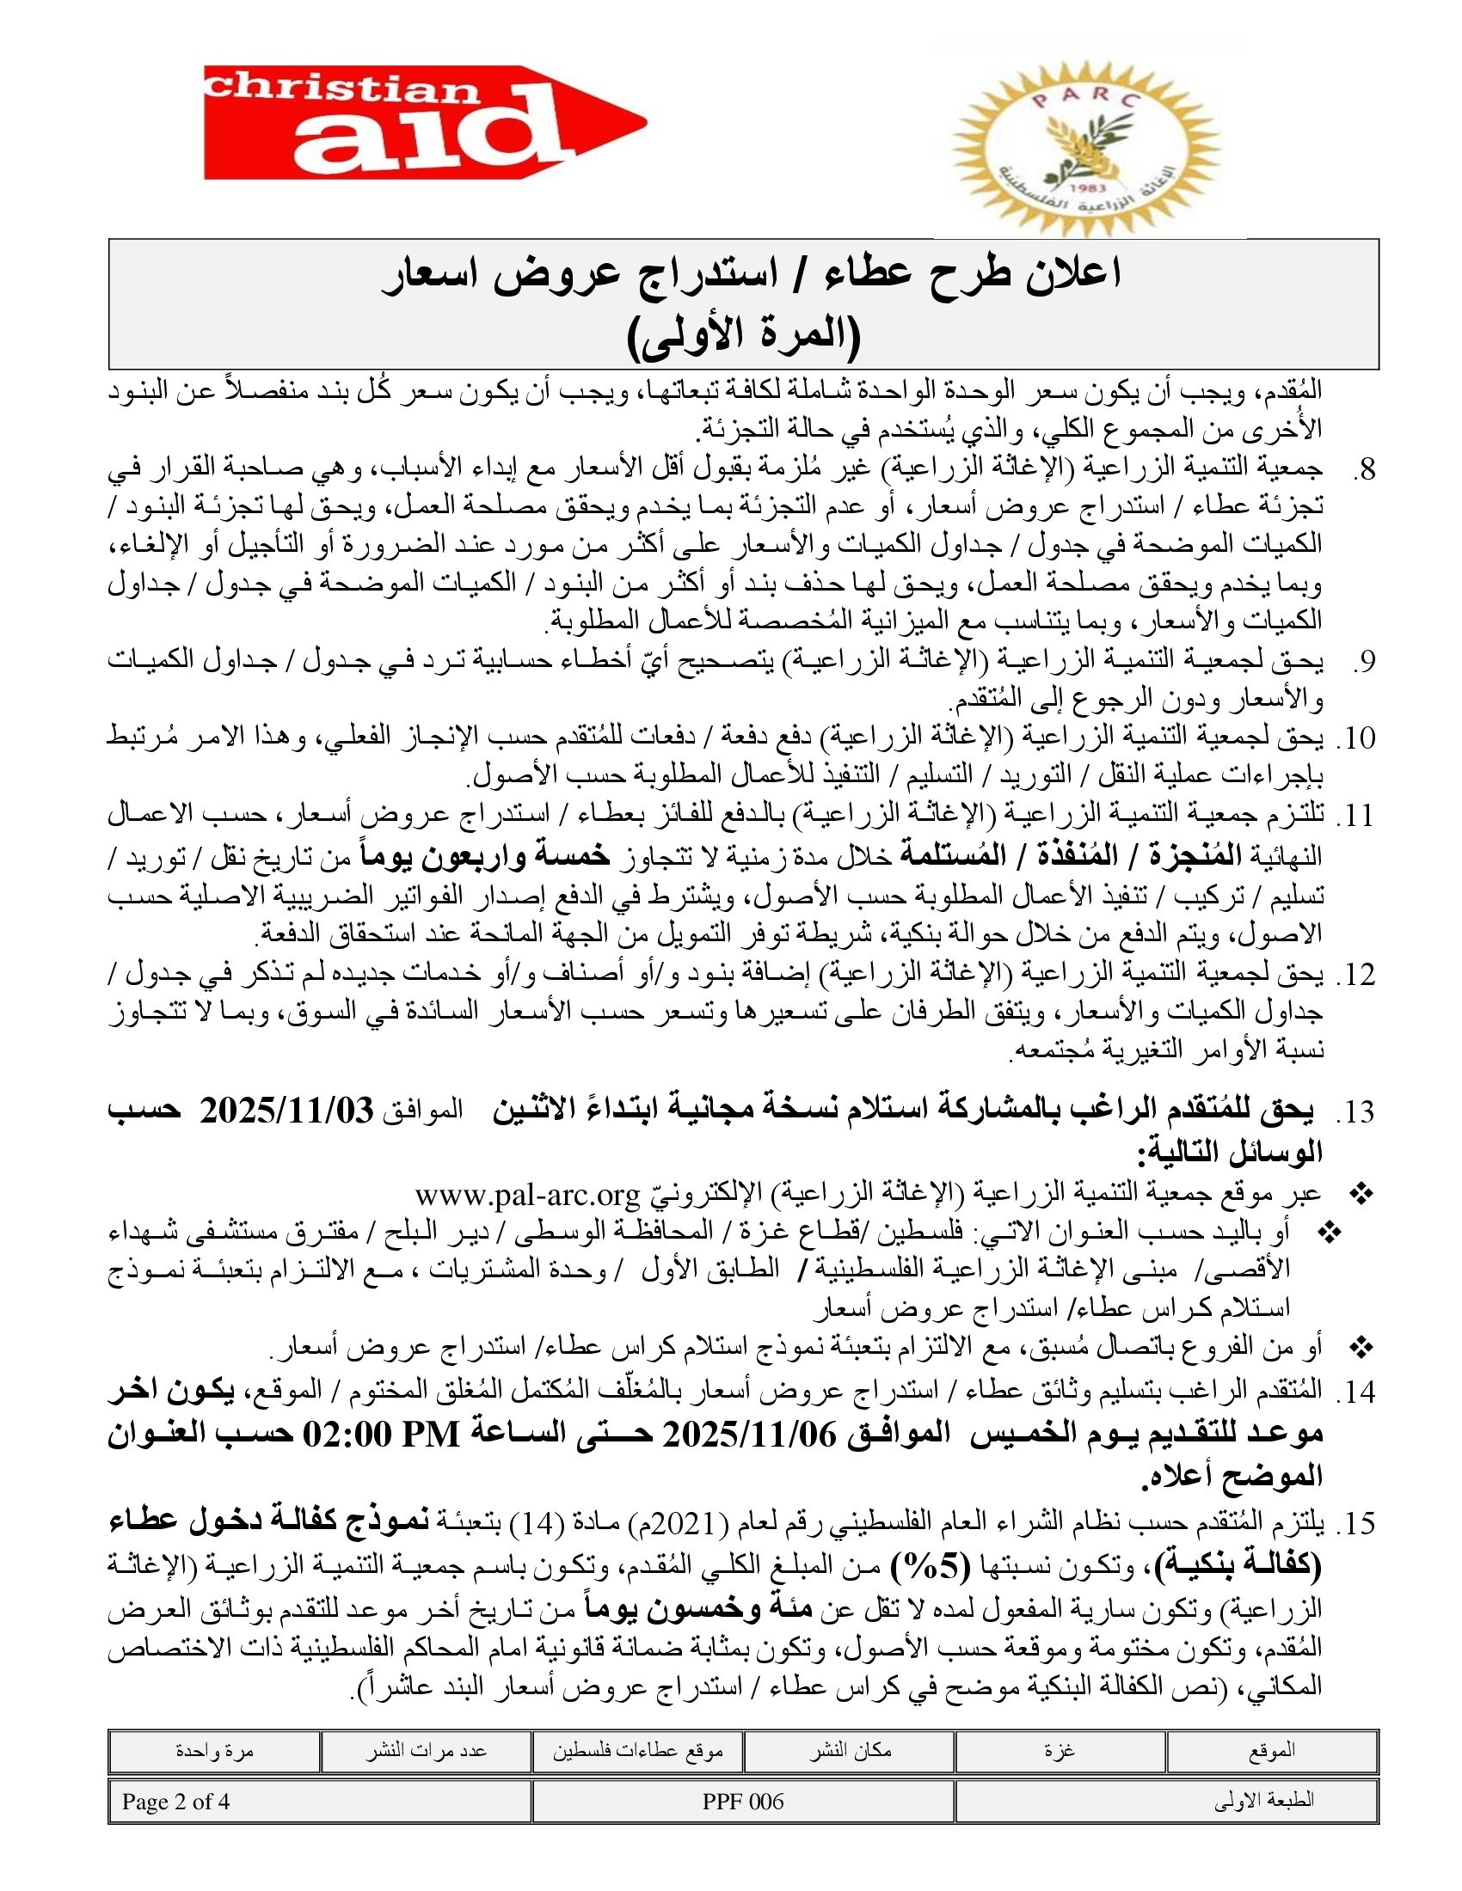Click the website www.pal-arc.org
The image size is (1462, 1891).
click(526, 1196)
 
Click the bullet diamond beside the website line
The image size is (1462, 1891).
click(1362, 1196)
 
